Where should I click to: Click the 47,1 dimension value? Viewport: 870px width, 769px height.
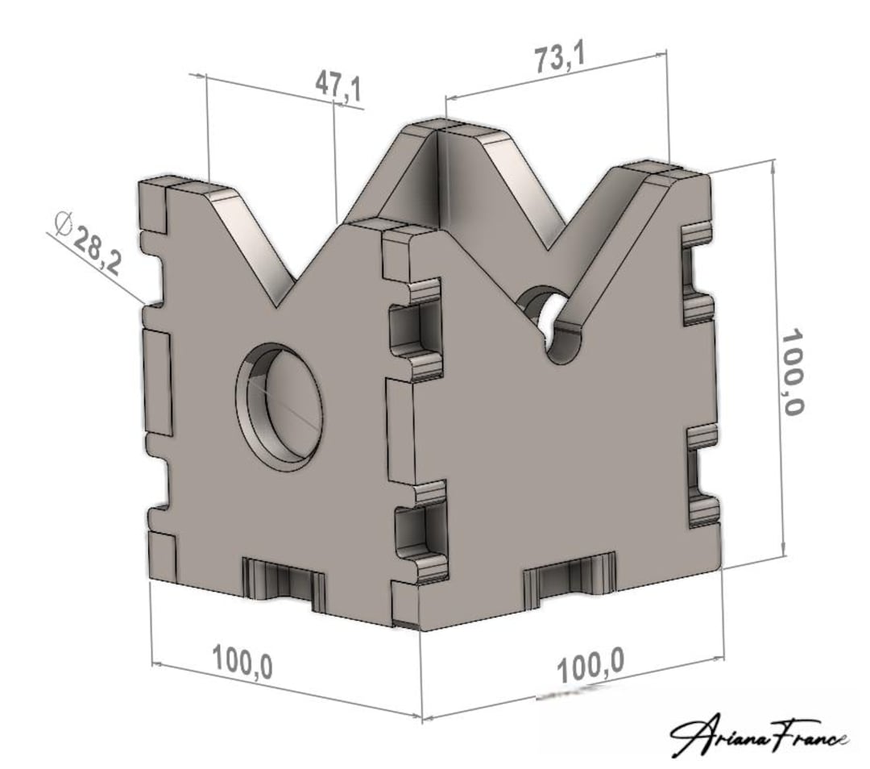[x=338, y=85]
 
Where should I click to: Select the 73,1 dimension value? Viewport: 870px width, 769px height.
[x=561, y=60]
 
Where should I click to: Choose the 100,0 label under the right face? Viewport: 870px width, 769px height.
[x=591, y=665]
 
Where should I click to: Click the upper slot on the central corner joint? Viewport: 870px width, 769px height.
[x=416, y=329]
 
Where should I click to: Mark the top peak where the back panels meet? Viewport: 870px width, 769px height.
[x=435, y=127]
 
